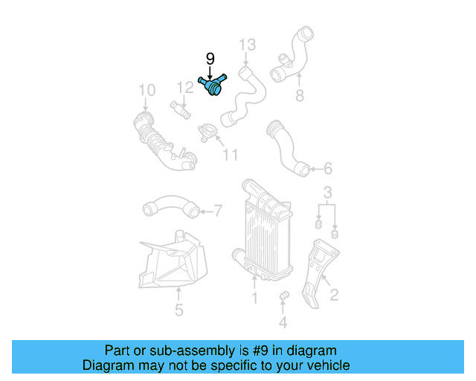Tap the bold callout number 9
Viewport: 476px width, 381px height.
(210, 58)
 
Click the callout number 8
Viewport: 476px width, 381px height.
(300, 95)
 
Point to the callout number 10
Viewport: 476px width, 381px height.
(147, 91)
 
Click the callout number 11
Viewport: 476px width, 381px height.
(231, 155)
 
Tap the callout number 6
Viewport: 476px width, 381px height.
(327, 169)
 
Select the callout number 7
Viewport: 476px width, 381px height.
(218, 211)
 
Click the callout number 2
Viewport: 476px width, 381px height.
(334, 295)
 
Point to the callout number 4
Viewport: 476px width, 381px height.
(283, 322)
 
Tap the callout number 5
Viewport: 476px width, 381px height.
(178, 310)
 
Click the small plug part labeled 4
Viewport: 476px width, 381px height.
(283, 298)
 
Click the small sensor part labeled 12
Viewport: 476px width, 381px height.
(180, 109)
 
